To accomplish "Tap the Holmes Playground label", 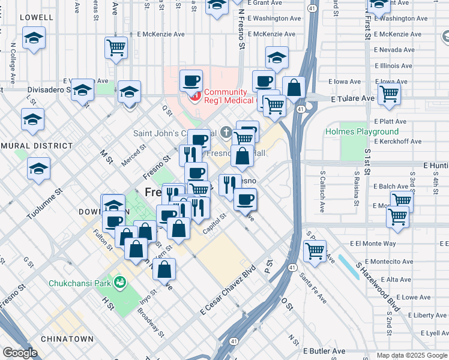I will click(x=361, y=131).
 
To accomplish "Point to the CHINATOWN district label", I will click(x=67, y=339).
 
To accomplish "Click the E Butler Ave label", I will click(x=324, y=351).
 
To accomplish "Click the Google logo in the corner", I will click(x=20, y=353).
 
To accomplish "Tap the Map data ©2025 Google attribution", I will click(x=411, y=355).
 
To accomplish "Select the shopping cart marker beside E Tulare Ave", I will click(x=389, y=94).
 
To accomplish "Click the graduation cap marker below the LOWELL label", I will click(x=34, y=38).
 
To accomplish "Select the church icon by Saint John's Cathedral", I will click(x=226, y=131).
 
